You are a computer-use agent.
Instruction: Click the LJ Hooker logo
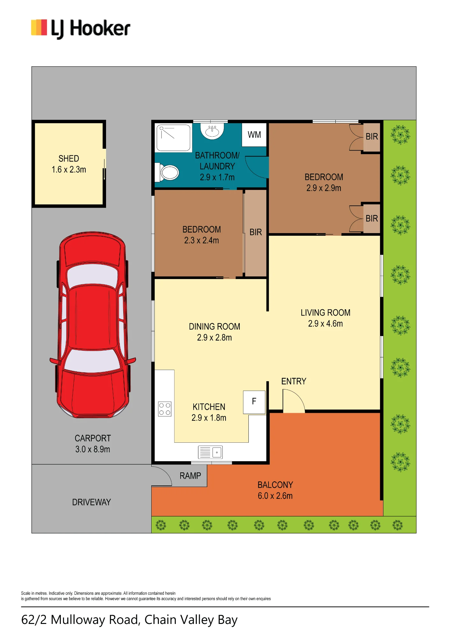pos(81,29)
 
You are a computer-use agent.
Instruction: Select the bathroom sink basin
pos(212,131)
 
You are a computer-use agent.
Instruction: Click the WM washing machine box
pos(254,135)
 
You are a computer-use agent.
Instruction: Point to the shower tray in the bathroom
pos(173,138)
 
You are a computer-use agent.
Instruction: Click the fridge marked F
pos(254,402)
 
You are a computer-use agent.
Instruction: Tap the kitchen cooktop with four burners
pos(165,409)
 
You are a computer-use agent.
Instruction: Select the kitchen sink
pos(211,452)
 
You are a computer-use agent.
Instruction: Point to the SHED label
pos(69,159)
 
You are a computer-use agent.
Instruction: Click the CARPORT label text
pos(93,438)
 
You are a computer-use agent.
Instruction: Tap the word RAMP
pos(190,476)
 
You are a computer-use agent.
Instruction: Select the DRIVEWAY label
pos(91,502)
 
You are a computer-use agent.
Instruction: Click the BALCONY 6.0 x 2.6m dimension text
pos(275,496)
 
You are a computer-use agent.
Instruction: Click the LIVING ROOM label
pos(325,313)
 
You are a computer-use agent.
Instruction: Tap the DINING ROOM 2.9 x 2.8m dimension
pos(214,338)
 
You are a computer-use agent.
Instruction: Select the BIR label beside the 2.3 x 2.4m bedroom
pos(256,232)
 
